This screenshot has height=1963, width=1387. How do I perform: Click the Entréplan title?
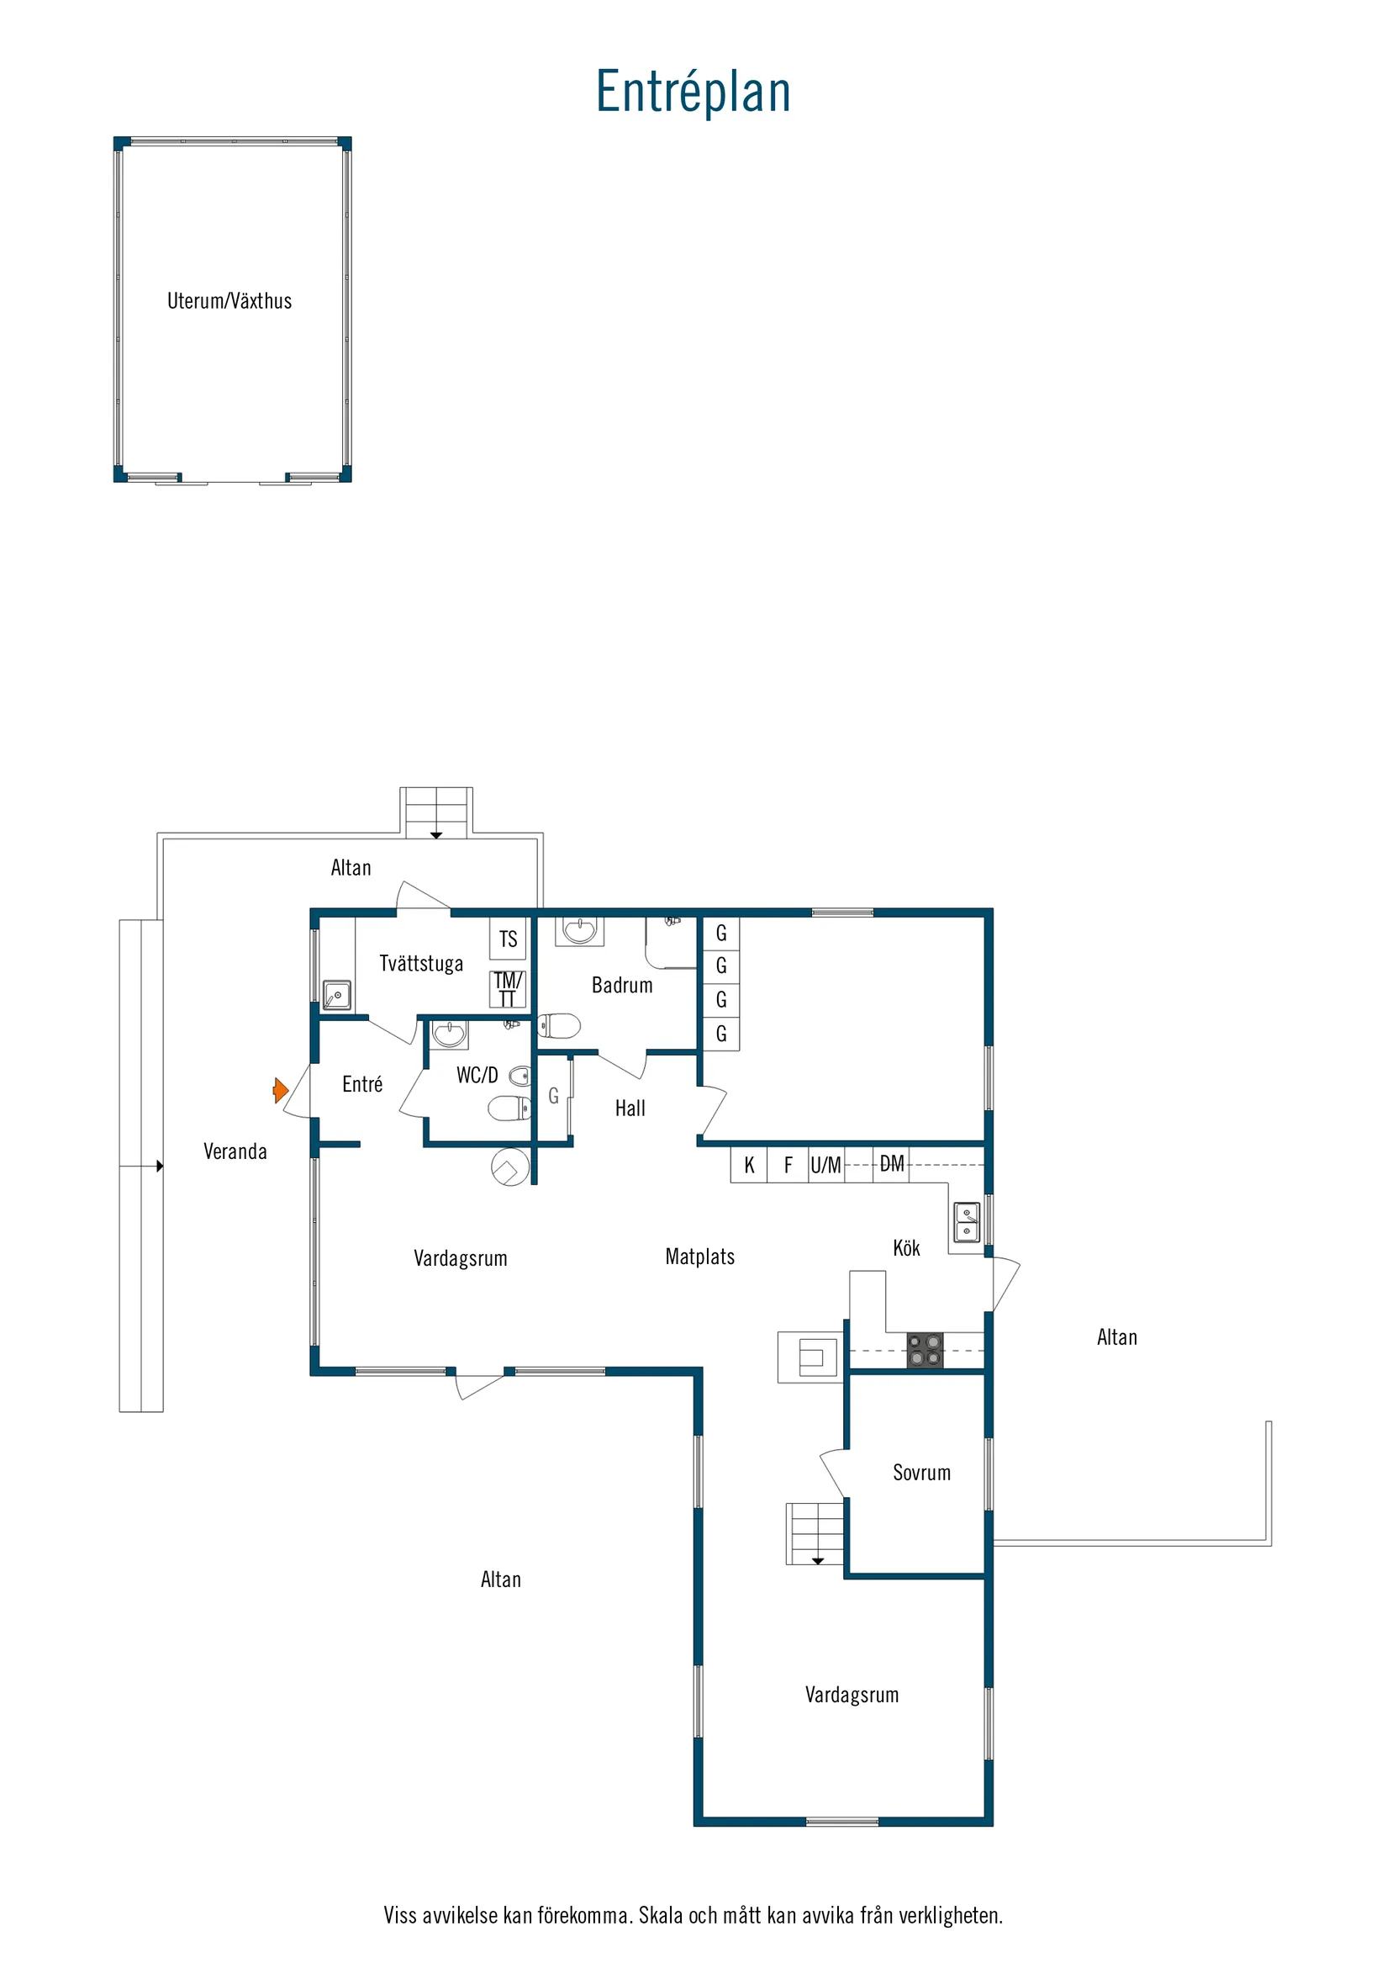point(693,92)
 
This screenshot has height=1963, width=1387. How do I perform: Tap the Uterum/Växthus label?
point(229,301)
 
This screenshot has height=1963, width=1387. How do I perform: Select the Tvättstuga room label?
point(421,964)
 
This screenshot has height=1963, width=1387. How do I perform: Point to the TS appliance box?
point(509,939)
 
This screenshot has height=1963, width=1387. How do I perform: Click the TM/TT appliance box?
point(508,989)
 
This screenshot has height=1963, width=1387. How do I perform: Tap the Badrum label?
point(622,985)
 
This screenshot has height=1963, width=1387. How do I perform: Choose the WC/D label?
point(477,1075)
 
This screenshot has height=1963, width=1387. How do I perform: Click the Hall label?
point(630,1108)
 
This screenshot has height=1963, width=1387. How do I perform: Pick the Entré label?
point(362,1084)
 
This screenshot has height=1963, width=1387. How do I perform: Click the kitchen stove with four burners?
point(925,1350)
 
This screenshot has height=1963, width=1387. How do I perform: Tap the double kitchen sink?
point(967,1223)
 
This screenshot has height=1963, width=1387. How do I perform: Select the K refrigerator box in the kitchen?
point(750,1165)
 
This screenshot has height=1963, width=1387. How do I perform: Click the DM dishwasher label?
point(891,1163)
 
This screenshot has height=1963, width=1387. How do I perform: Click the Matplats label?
point(700,1256)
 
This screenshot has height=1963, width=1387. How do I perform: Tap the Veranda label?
point(235,1151)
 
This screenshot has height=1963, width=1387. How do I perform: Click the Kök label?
point(906,1247)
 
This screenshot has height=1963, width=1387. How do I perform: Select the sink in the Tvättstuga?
point(337,995)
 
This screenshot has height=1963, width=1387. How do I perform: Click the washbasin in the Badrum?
point(579,931)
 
